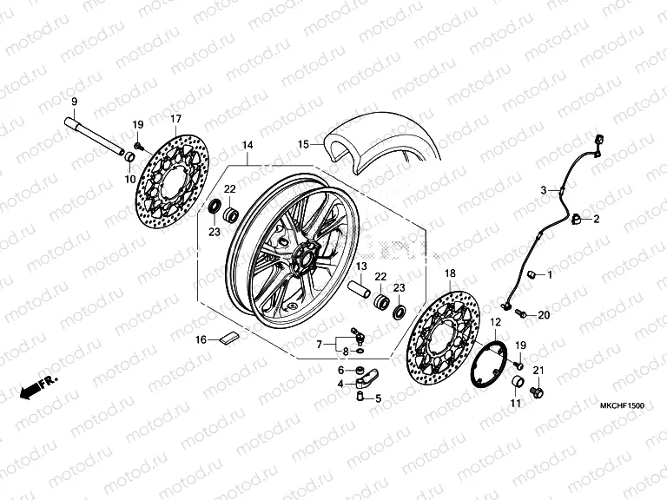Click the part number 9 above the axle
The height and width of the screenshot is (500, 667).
pos(74,102)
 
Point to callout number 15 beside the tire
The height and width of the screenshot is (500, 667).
pos(303,144)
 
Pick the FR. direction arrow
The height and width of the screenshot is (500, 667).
pos(40,383)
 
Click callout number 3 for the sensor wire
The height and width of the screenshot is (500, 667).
pos(545,189)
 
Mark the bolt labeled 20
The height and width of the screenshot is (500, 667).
pos(520,312)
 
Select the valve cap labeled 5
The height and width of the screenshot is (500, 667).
pos(356,397)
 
